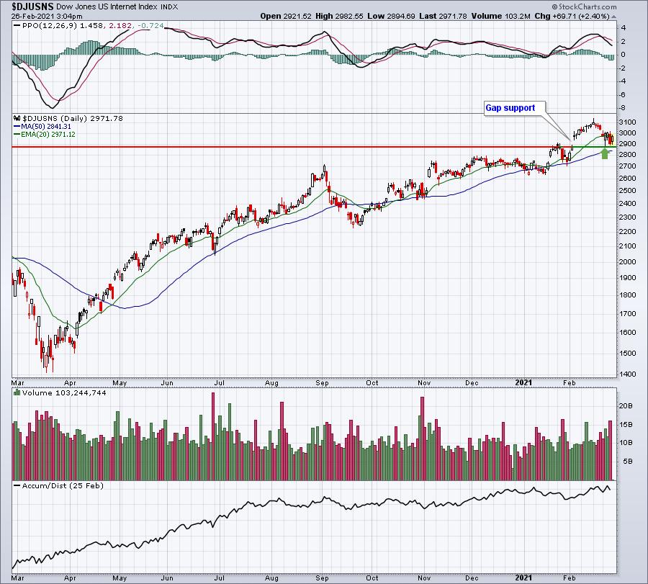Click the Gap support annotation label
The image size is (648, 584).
click(510, 108)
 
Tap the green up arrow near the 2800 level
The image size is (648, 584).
click(605, 154)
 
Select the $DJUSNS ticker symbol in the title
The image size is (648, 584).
click(32, 6)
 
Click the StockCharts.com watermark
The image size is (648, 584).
click(585, 6)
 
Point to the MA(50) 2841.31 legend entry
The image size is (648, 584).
click(42, 127)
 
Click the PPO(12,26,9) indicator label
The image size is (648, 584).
click(45, 26)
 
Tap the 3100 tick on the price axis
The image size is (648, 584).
click(628, 122)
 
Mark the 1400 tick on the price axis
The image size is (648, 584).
click(628, 374)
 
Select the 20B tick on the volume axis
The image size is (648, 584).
click(626, 406)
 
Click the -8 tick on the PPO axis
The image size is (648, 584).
click(624, 108)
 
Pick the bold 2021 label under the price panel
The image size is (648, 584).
click(523, 382)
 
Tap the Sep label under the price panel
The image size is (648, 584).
click(322, 383)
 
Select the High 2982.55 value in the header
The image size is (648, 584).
click(339, 16)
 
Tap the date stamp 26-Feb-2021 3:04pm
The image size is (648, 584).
click(47, 16)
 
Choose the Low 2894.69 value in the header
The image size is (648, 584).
click(391, 16)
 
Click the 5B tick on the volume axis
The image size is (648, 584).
click(628, 462)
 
